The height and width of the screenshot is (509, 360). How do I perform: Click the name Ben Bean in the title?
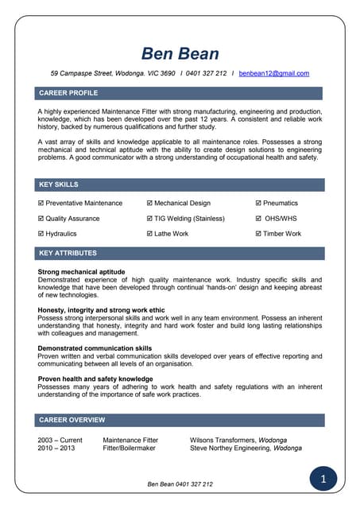pos(180,53)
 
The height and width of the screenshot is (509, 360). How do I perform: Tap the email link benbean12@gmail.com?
pos(273,73)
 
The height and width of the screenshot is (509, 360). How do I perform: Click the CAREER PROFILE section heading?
pos(68,93)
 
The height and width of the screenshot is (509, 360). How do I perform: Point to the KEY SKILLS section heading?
pos(59,185)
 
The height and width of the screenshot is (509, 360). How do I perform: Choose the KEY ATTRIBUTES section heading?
pos(68,253)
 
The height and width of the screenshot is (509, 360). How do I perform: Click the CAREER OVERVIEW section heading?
pos(72,419)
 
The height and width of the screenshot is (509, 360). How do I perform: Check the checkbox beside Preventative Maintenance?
pos(41,204)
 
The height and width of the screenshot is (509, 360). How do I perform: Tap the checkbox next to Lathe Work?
pos(149,234)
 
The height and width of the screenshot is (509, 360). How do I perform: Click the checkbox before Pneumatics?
pos(258,204)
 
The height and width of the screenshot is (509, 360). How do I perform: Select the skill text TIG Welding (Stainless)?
pos(189,219)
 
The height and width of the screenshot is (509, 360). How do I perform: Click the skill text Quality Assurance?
pos(72,219)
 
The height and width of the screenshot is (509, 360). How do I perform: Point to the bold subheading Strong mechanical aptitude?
pos(82,272)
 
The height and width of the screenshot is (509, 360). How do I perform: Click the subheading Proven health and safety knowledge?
pos(95,379)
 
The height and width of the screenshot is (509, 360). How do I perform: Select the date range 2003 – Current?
pos(60,440)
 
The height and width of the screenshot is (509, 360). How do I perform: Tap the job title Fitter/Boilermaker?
pos(130,448)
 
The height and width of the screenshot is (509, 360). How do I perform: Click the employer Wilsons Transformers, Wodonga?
pos(238,440)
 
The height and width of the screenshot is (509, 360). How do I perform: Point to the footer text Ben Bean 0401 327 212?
pos(180,484)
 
